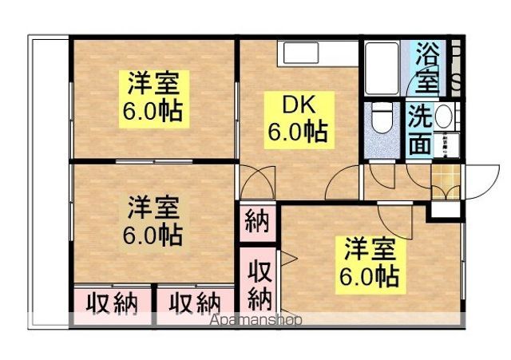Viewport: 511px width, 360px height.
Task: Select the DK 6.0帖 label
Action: click(x=296, y=118)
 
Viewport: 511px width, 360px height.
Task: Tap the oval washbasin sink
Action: click(x=444, y=118)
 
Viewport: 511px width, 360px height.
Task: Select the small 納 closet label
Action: click(x=257, y=221)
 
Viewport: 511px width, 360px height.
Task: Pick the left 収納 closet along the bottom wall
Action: click(x=112, y=303)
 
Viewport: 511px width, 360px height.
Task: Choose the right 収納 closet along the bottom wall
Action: click(x=195, y=303)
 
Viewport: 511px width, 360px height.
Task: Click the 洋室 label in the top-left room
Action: click(x=156, y=83)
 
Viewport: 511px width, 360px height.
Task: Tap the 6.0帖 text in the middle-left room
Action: click(x=153, y=235)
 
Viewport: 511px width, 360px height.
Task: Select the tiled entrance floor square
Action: click(x=445, y=173)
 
